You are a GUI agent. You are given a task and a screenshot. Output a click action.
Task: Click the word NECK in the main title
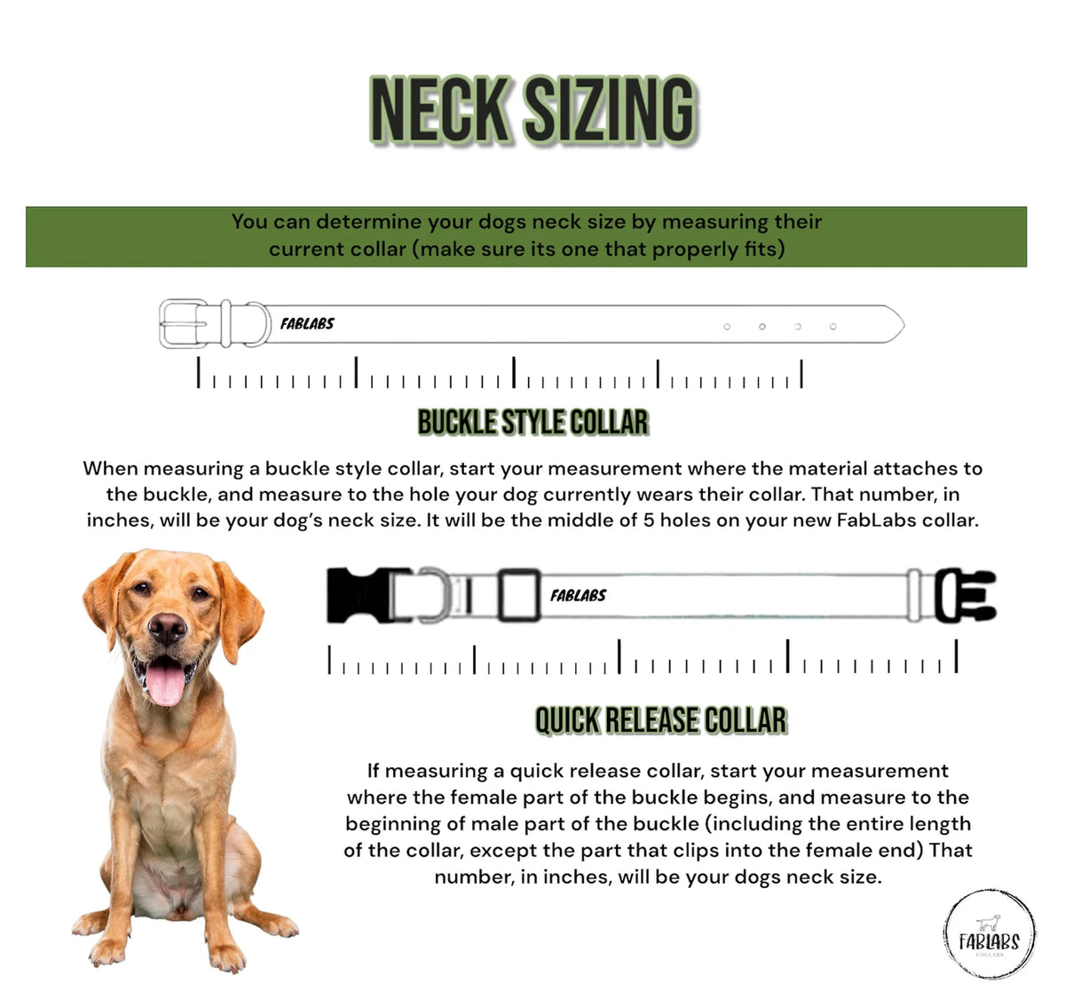tap(439, 110)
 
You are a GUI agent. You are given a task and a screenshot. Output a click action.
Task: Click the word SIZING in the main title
tap(611, 110)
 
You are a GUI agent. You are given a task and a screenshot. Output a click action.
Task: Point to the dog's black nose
tap(168, 628)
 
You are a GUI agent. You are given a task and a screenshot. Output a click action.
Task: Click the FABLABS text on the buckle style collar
tap(307, 323)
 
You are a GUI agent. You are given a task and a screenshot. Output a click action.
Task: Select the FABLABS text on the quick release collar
tap(578, 595)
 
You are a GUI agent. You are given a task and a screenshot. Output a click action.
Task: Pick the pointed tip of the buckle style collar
tap(904, 325)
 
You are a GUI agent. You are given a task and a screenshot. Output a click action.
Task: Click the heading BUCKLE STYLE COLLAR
tap(533, 422)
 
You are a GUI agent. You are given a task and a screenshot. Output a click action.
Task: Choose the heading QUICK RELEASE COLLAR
tap(661, 720)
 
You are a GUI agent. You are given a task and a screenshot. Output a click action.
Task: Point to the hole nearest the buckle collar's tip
tap(832, 326)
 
